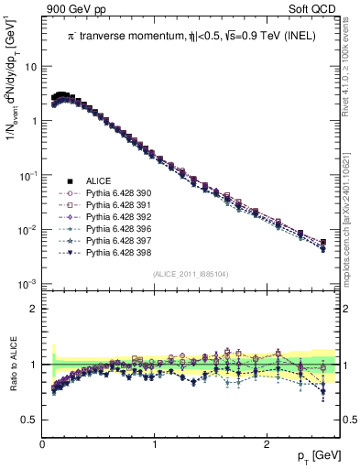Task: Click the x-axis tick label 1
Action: coord(155,444)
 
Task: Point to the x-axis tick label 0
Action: coord(43,444)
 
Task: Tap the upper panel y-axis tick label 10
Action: coord(29,68)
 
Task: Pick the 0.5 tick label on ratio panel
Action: coord(29,420)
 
